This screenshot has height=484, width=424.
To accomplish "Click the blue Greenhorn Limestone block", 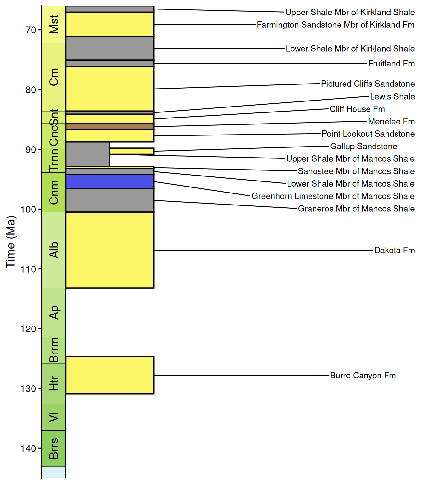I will [x=110, y=181].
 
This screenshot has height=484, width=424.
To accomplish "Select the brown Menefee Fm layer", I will [x=110, y=127].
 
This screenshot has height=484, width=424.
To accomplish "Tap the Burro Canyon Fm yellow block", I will [x=110, y=375].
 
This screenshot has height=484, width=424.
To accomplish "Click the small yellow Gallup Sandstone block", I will [x=132, y=151].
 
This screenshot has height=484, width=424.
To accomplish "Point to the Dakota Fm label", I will [x=394, y=251].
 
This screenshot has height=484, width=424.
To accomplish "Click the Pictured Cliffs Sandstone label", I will [x=368, y=84].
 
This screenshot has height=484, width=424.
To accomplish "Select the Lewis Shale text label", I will [x=392, y=96].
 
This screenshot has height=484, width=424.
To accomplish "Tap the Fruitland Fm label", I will [x=392, y=64].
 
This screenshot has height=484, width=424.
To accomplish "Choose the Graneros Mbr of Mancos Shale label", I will [x=356, y=209].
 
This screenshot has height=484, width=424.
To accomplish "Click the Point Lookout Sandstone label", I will [x=368, y=134].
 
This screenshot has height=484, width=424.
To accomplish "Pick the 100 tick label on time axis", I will [x=28, y=209].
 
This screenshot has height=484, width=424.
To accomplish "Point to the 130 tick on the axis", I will [x=28, y=389].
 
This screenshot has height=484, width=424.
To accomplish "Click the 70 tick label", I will [x=31, y=30].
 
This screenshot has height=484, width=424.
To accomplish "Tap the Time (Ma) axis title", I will [x=10, y=242].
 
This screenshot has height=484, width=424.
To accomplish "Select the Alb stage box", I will [x=54, y=250].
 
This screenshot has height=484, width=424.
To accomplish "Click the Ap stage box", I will [x=54, y=312].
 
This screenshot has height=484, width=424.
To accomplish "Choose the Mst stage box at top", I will [x=54, y=24].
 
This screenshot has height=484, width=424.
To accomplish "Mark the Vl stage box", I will [x=54, y=417].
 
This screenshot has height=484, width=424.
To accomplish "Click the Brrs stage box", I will [x=54, y=448].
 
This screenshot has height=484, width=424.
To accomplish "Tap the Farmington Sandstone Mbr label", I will [x=335, y=25].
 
